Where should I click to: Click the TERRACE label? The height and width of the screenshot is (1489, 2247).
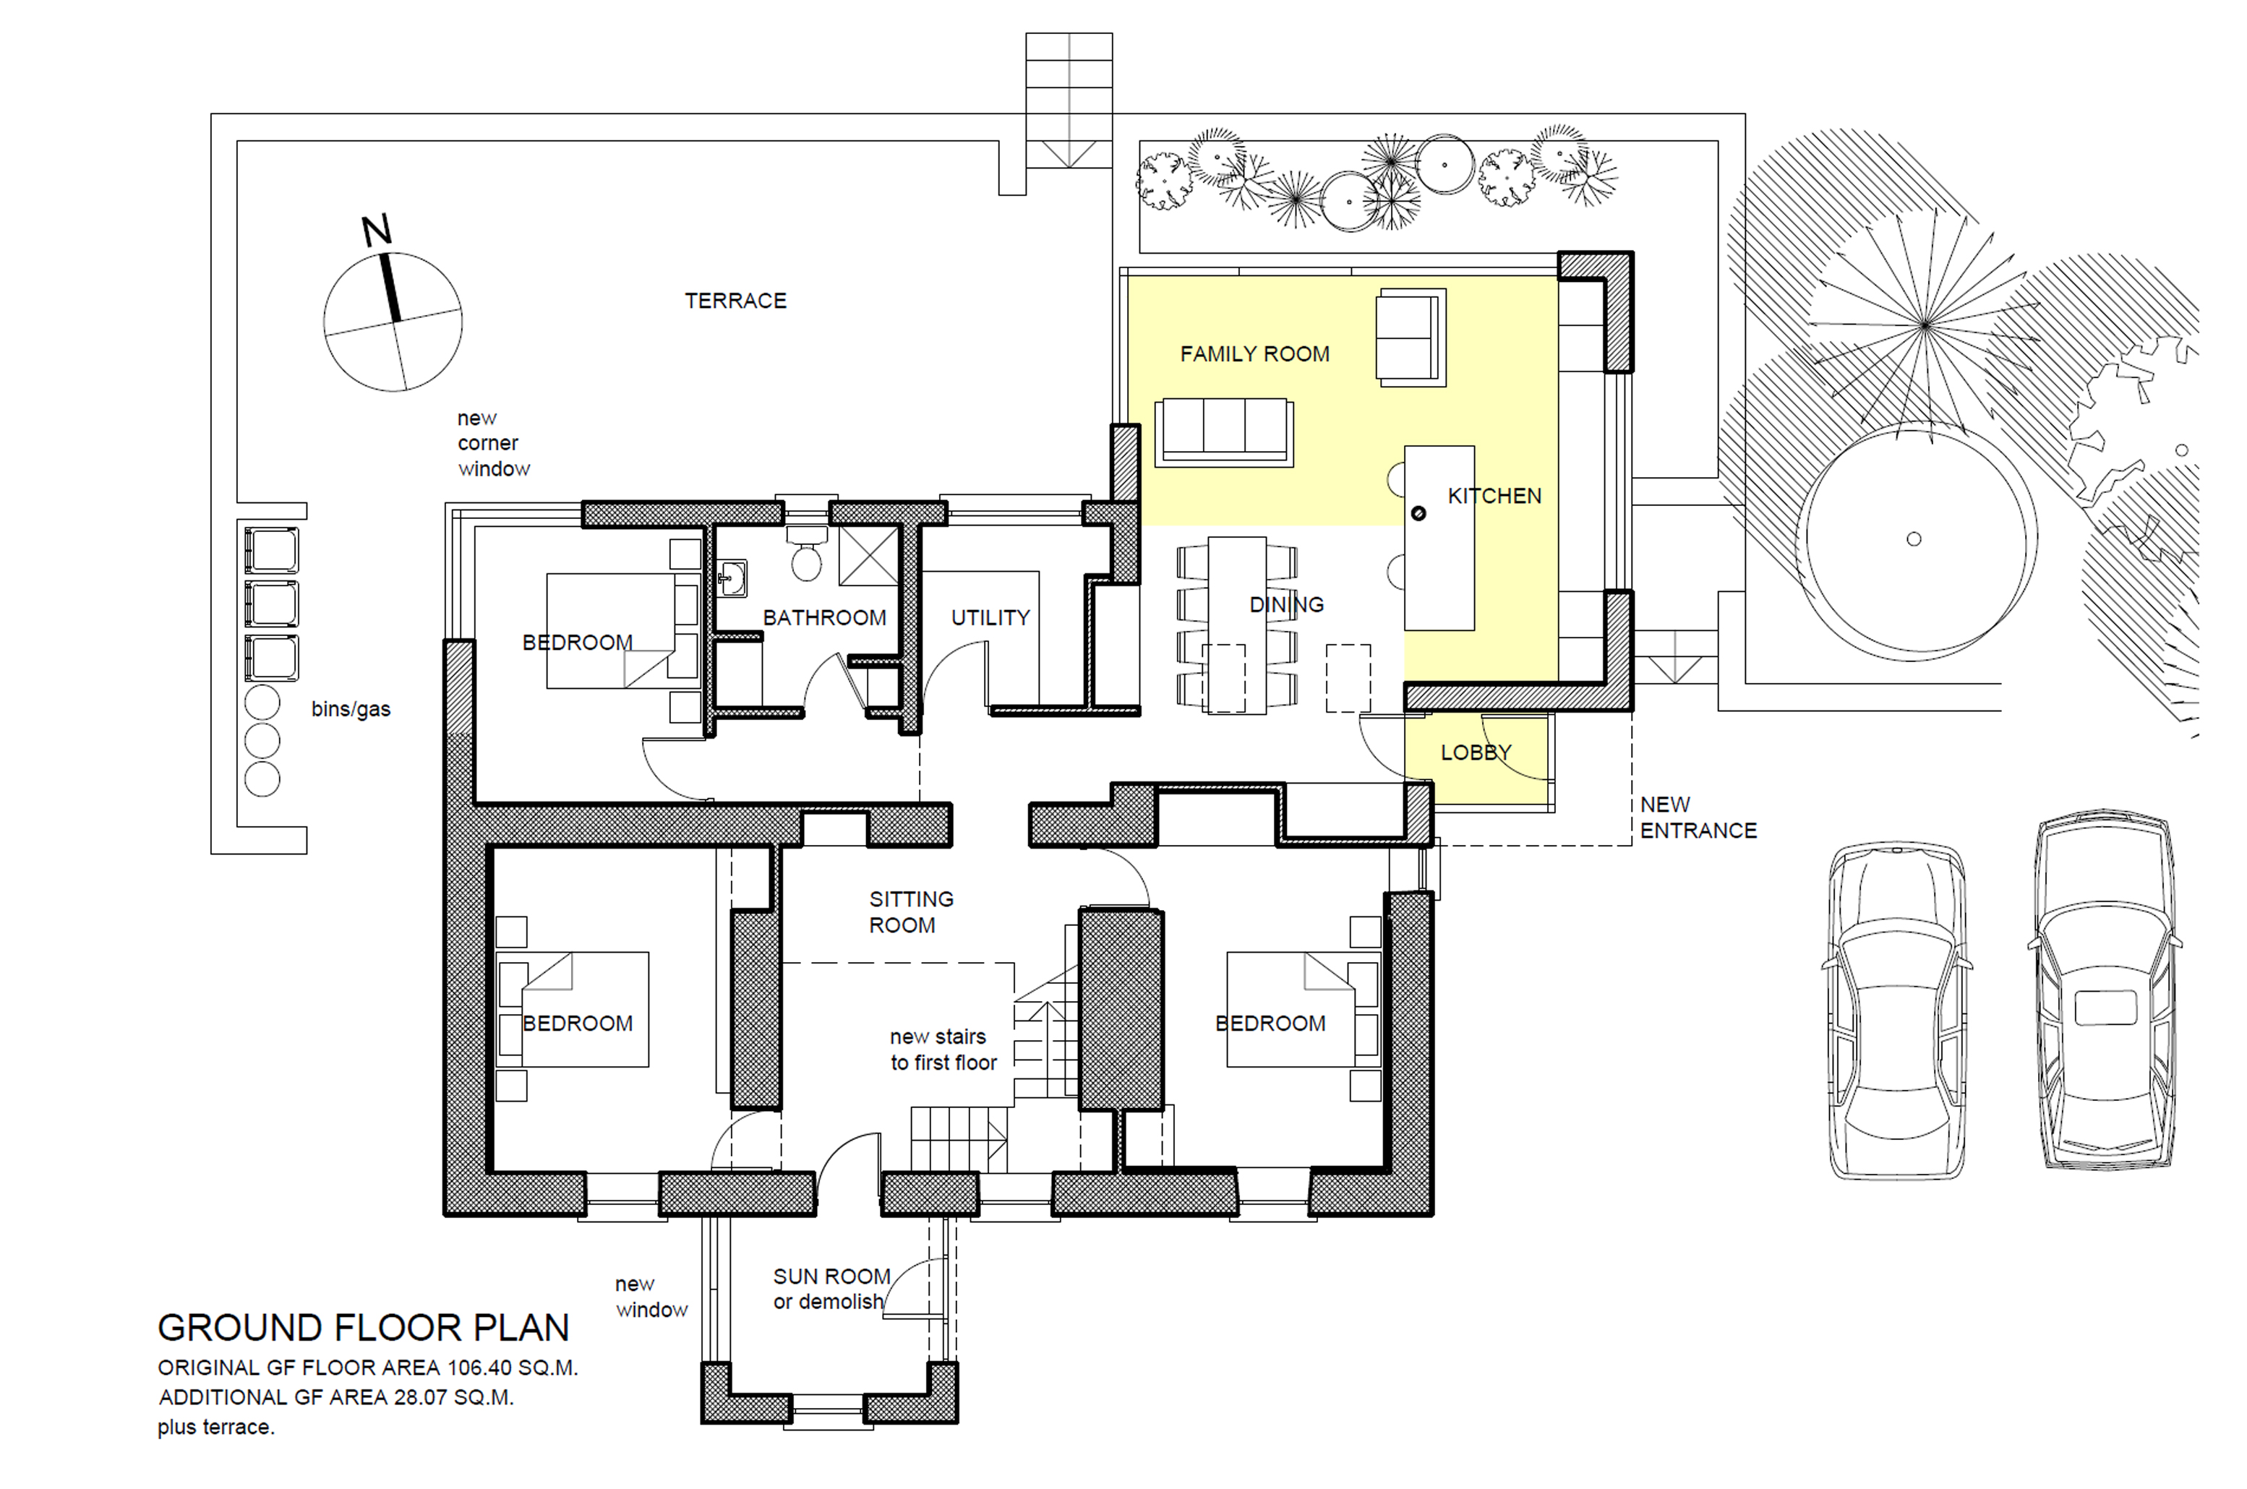735,301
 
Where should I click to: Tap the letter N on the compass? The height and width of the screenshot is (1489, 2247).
377,231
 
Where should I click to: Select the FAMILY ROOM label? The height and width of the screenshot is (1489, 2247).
1254,354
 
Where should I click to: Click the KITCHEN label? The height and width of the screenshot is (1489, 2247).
1494,496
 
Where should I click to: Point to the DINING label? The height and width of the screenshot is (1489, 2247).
1286,605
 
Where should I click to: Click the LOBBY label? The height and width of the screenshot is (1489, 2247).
1476,753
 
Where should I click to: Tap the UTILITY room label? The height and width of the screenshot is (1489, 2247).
990,618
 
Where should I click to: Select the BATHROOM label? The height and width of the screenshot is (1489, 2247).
824,618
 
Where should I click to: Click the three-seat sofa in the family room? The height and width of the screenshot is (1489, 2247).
1224,432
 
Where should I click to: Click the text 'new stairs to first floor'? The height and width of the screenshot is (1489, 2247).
943,1050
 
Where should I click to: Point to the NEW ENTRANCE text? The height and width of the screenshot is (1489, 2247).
1698,818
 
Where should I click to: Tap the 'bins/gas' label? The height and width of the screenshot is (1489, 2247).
351,709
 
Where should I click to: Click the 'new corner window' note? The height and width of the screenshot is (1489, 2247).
493,444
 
